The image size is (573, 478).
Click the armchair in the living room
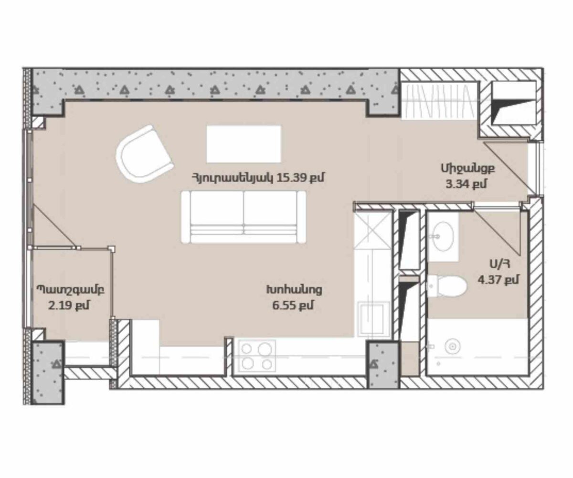click(145, 154)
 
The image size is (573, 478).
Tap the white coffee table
click(244, 144)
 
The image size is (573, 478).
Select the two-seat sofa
click(244, 217)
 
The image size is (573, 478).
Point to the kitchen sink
click(373, 319)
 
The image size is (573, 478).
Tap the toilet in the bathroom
click(447, 286)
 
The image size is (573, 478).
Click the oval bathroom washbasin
click(442, 236)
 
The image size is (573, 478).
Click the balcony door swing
click(54, 227)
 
